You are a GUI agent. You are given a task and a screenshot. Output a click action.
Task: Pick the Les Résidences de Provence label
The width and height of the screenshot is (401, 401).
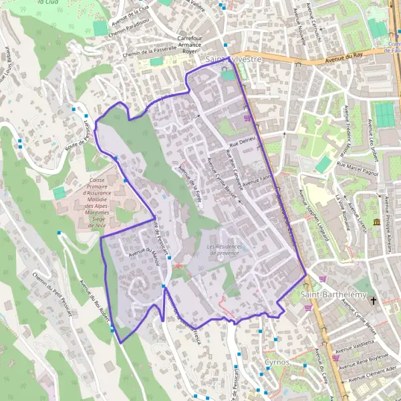223,249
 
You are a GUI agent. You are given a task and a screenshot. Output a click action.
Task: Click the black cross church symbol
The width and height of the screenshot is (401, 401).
374,301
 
